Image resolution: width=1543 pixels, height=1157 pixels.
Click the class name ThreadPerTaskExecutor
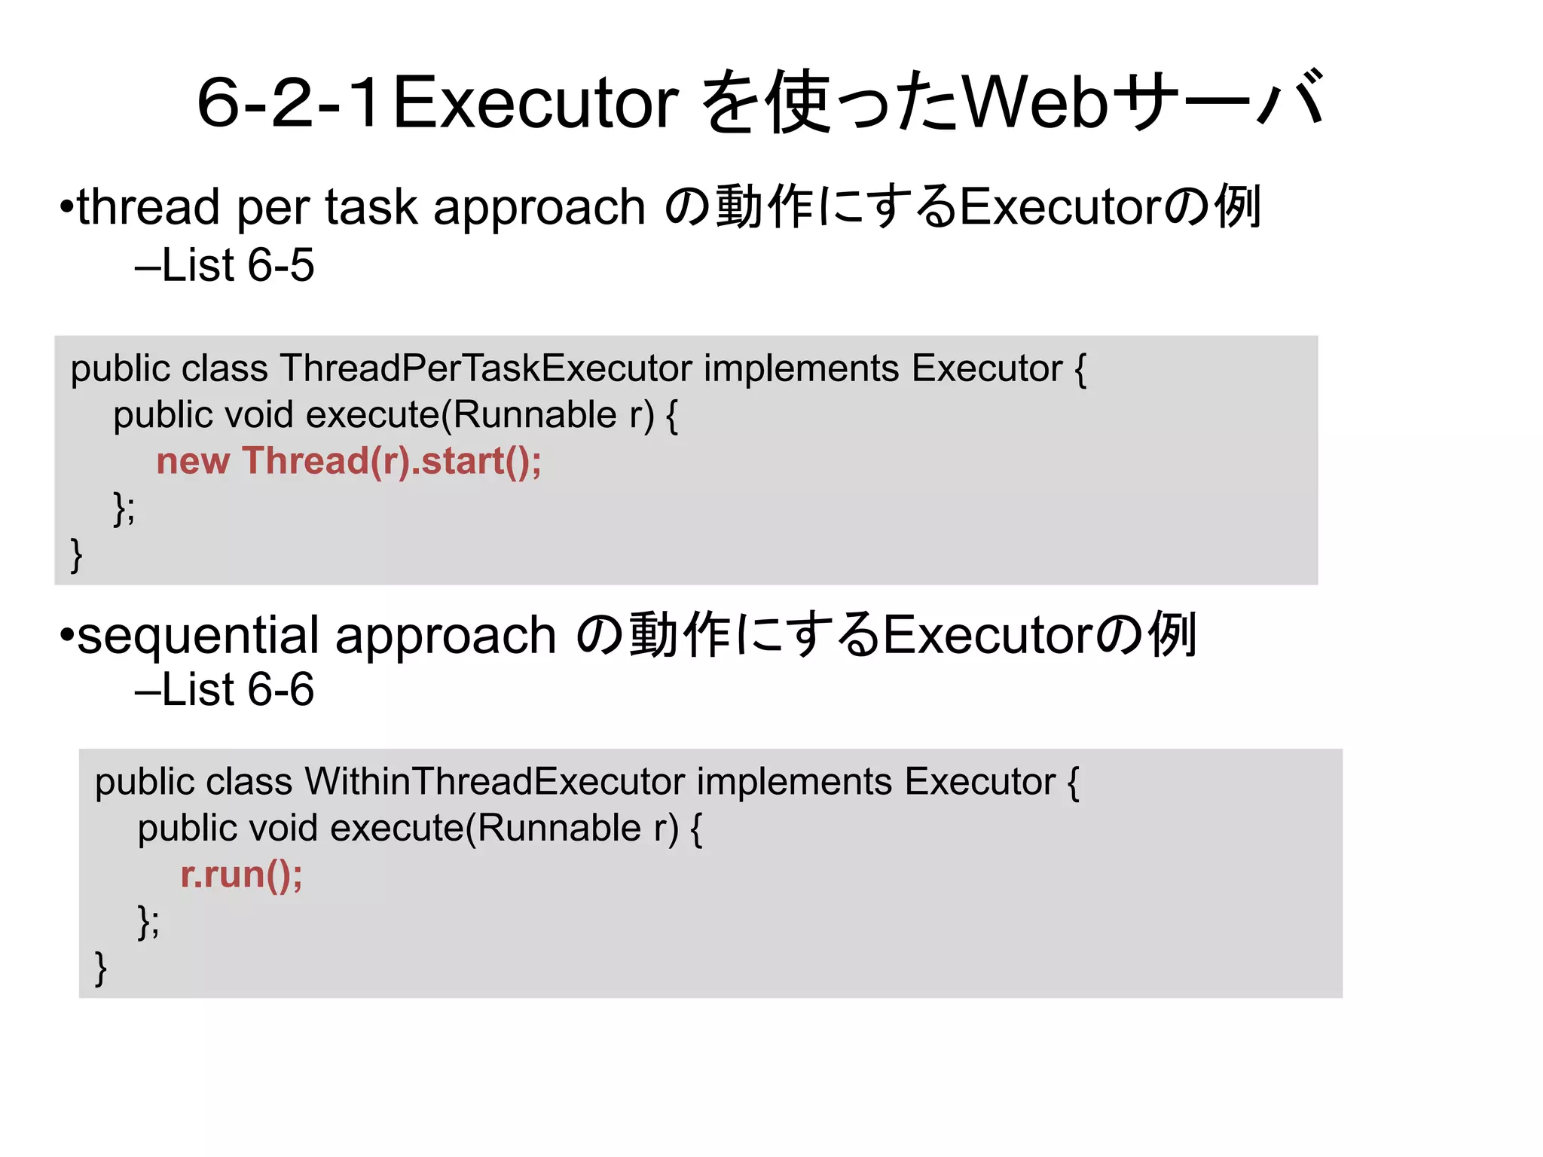click(x=486, y=368)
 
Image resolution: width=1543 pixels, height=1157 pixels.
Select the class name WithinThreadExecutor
click(x=494, y=782)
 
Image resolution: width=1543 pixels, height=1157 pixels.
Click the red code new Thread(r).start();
click(x=349, y=461)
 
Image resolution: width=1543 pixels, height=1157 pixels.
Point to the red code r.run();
click(x=241, y=875)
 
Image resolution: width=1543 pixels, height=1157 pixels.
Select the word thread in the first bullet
click(x=148, y=207)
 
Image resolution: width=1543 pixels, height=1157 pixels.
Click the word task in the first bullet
click(x=371, y=207)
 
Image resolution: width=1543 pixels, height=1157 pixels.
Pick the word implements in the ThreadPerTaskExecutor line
click(x=802, y=368)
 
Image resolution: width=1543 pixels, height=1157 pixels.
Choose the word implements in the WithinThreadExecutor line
click(x=794, y=782)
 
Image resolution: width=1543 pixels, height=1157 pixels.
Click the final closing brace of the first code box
click(x=76, y=555)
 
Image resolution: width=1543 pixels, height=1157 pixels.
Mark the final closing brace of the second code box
click(x=100, y=969)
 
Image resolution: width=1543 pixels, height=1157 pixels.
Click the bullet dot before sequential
click(x=67, y=635)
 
